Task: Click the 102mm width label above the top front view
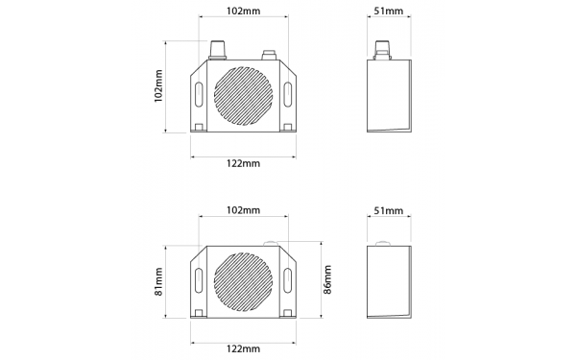243,11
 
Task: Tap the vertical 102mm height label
158,86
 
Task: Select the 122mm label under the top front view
243,163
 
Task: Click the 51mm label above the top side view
389,11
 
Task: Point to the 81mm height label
158,281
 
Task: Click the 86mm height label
327,280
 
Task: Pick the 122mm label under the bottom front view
243,348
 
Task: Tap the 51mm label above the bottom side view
389,211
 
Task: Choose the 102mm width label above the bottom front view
243,210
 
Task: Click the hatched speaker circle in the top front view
243,96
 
